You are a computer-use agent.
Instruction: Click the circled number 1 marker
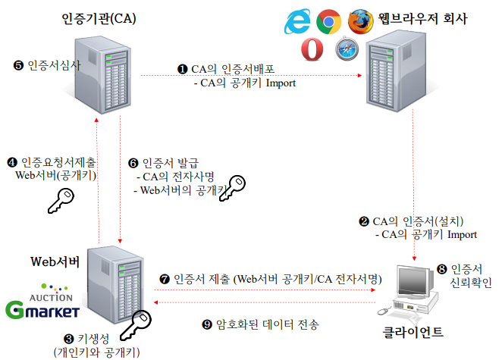(x=182, y=69)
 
